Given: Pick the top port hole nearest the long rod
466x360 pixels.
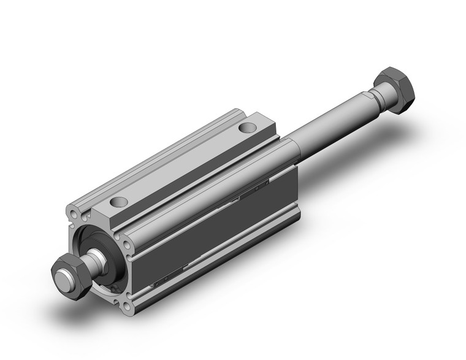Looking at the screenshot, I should (x=246, y=128).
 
